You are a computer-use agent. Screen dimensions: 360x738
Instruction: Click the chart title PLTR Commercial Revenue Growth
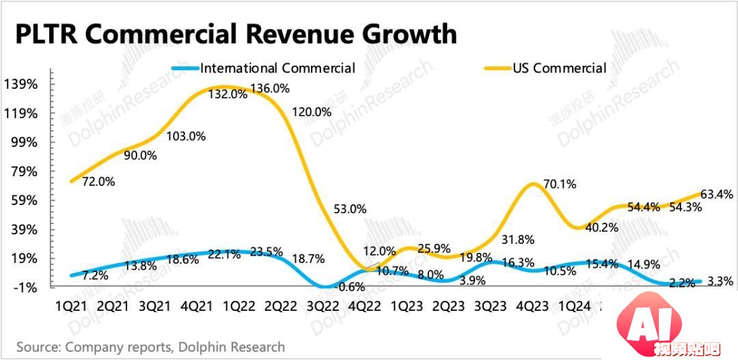[236, 33]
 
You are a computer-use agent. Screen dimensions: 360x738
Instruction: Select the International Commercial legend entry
[277, 68]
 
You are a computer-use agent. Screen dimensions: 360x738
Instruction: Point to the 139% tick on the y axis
[22, 85]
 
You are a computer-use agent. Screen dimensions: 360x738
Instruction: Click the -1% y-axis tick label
[27, 287]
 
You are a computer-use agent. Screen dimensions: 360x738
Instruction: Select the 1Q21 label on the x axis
[70, 307]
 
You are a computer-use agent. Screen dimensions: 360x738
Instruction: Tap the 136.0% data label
[270, 88]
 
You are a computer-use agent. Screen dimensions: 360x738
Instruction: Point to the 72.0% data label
[98, 182]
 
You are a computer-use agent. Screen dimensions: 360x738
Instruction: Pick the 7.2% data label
[95, 276]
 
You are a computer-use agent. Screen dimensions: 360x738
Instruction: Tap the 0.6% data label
[351, 287]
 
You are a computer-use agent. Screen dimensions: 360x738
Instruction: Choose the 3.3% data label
[721, 281]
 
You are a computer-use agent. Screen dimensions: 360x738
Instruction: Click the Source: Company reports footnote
[150, 347]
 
